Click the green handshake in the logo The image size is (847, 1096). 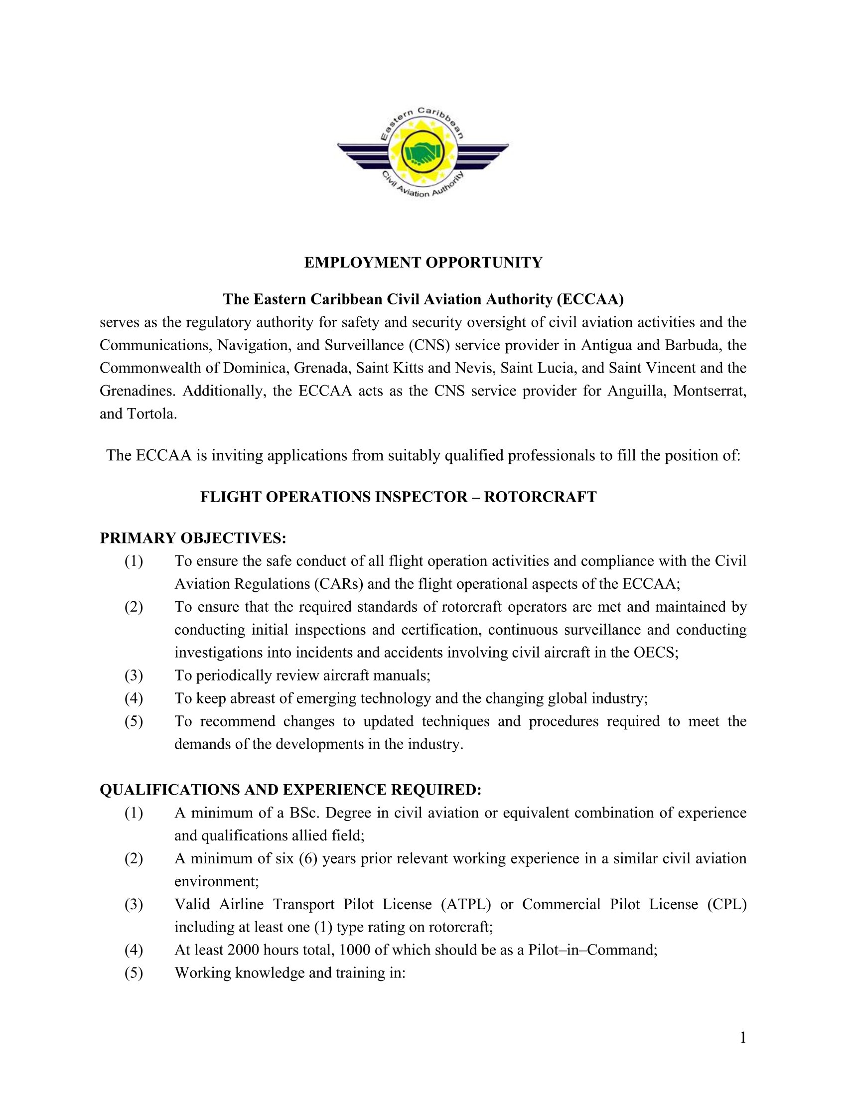click(423, 151)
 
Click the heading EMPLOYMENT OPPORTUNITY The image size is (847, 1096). click(423, 263)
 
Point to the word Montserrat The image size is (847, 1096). click(709, 391)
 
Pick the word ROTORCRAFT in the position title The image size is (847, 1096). click(541, 497)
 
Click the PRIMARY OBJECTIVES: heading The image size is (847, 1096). click(193, 538)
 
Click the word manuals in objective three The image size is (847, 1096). click(403, 676)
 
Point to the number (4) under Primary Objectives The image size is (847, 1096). click(134, 698)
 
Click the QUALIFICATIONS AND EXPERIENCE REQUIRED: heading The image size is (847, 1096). click(290, 790)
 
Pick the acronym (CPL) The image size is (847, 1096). click(727, 904)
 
